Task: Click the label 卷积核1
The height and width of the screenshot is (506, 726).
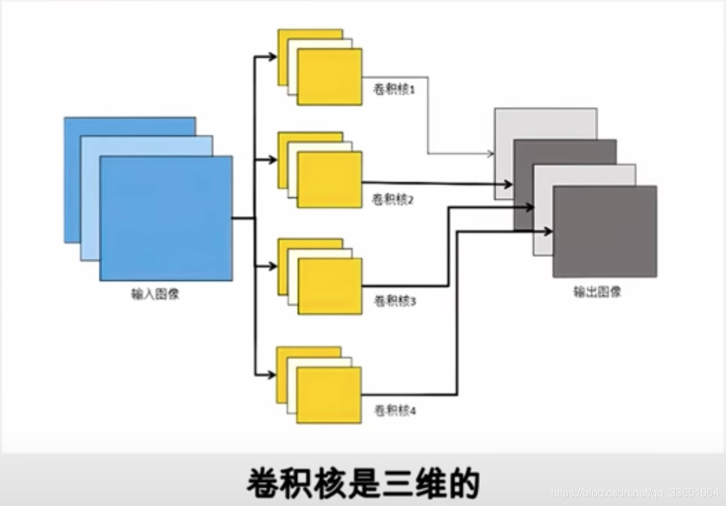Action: [393, 90]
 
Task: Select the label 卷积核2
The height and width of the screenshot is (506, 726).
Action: [393, 200]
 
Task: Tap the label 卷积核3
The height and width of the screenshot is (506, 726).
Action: [394, 301]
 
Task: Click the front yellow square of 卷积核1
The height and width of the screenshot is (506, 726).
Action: [329, 77]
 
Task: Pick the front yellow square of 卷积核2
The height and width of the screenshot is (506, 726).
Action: [329, 179]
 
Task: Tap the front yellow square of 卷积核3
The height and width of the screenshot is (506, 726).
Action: [329, 286]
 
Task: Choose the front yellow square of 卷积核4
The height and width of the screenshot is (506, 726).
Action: [329, 395]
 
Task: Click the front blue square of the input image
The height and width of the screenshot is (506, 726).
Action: [166, 219]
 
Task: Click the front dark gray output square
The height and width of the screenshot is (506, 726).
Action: [605, 232]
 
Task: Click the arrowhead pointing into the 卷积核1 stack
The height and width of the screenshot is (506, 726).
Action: [272, 56]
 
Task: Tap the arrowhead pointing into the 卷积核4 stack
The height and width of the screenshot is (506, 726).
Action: [271, 375]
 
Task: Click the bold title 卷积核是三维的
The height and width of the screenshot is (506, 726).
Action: [362, 483]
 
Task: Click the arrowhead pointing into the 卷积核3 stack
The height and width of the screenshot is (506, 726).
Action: [272, 267]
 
